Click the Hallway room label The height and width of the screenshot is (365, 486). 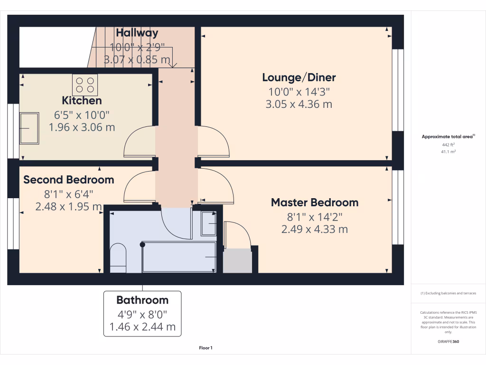point(137,33)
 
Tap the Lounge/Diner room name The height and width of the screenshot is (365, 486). point(299,77)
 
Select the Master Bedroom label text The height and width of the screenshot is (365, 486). point(314,202)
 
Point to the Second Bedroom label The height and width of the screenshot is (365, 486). point(69,180)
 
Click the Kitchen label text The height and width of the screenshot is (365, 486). point(82,101)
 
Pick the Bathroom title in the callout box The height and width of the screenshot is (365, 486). point(142,300)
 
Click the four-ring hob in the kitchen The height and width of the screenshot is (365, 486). point(85,85)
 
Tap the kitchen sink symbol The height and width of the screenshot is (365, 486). point(29,128)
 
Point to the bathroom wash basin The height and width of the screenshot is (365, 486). point(209,223)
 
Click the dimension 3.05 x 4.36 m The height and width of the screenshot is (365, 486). point(299,104)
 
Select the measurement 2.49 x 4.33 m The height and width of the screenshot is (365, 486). point(314,229)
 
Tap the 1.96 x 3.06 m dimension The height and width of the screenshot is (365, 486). point(82,127)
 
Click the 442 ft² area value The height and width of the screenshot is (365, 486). point(448,145)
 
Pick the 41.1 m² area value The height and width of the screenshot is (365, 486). point(448,152)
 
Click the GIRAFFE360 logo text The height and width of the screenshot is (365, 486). point(448,342)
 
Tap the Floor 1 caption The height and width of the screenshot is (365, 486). point(206,348)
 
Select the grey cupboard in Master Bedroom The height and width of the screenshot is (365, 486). point(237,261)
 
